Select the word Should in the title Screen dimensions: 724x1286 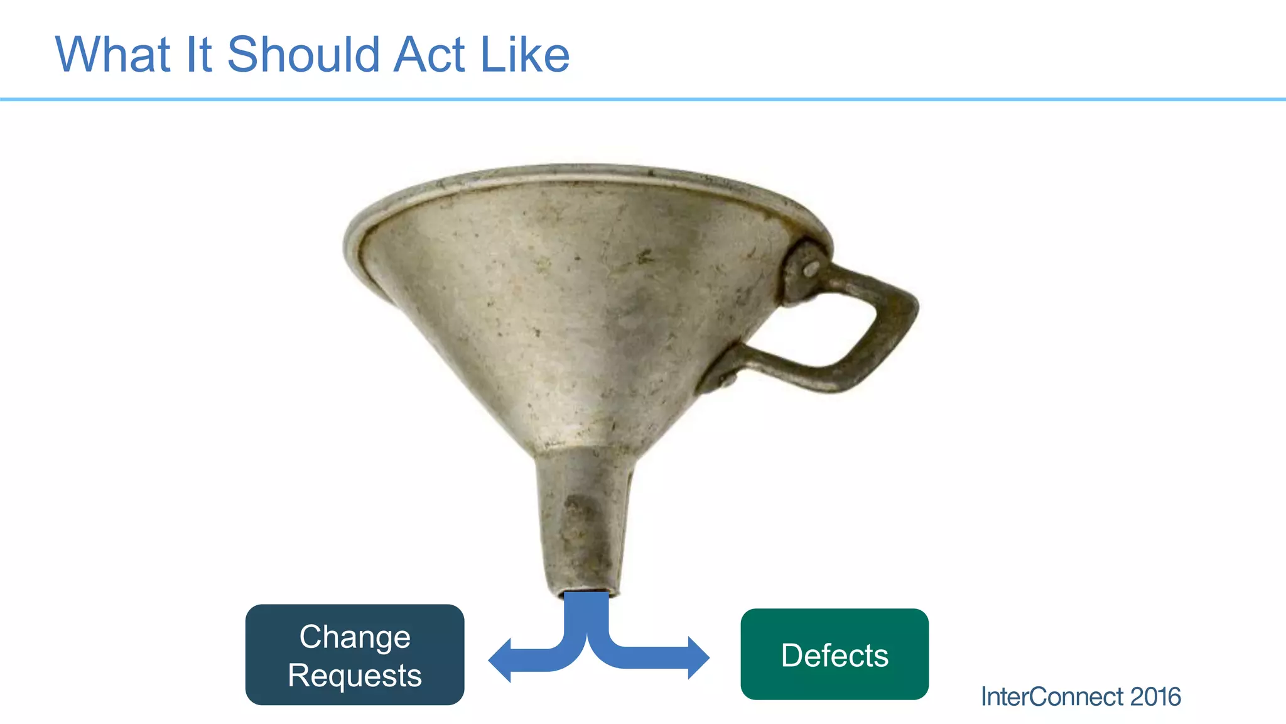pyautogui.click(x=303, y=55)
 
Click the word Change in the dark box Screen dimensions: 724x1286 pyautogui.click(x=355, y=637)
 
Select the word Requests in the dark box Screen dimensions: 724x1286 pyautogui.click(x=355, y=676)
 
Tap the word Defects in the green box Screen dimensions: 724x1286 pyautogui.click(x=835, y=655)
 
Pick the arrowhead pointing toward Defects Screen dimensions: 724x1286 pyautogui.click(x=698, y=658)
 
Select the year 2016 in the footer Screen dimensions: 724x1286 pyautogui.click(x=1155, y=697)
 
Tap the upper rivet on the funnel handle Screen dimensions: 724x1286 pyautogui.click(x=811, y=269)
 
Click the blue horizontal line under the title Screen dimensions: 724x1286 pyautogui.click(x=643, y=99)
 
